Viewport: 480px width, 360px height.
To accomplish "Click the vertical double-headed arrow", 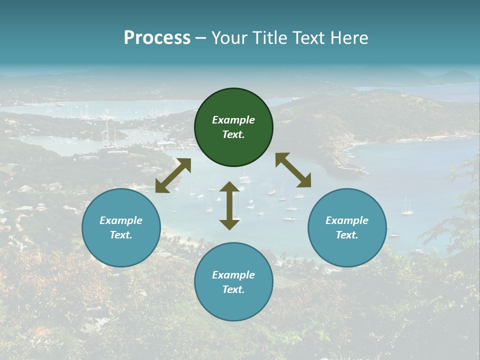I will coord(229,205).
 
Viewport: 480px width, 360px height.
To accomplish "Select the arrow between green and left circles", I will coord(173,175).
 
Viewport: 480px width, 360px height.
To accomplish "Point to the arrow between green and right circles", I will coord(293,170).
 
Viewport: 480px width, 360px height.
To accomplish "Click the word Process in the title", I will coord(157,38).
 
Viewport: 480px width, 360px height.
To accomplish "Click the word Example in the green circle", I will coord(233,120).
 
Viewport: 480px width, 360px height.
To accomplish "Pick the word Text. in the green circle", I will coord(233,134).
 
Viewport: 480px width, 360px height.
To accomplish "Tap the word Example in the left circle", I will coord(121,220).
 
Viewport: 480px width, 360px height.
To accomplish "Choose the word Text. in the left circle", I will coord(121,235).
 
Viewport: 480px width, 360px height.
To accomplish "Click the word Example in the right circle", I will coord(347,220).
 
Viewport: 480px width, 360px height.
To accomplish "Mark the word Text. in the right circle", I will coord(347,235).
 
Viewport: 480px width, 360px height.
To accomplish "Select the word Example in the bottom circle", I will coord(233,275).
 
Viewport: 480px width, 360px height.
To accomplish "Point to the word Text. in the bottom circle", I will coord(233,289).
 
